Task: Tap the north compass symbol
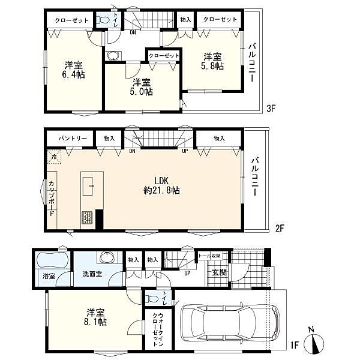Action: click(x=314, y=343)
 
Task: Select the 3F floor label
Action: click(x=271, y=108)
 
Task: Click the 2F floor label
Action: click(x=280, y=228)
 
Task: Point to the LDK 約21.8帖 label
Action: click(x=161, y=186)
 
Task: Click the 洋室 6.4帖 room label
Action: click(x=73, y=70)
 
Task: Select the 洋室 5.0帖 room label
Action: click(x=142, y=87)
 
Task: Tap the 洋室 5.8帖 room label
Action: click(x=212, y=61)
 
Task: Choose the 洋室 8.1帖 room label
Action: click(x=95, y=317)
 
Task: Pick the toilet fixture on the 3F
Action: click(x=103, y=20)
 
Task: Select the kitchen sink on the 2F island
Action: click(x=88, y=186)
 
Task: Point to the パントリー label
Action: click(x=73, y=139)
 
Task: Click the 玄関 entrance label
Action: click(x=219, y=272)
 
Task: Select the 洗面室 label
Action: click(x=92, y=274)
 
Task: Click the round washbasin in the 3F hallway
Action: click(x=113, y=56)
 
